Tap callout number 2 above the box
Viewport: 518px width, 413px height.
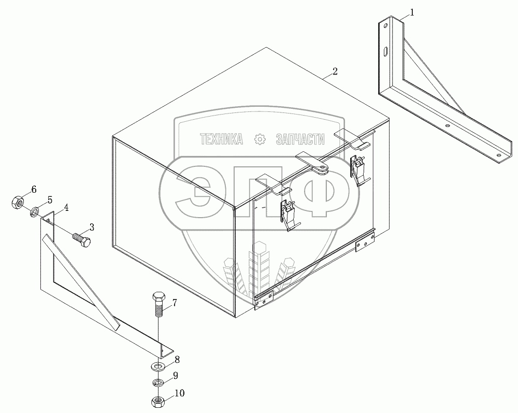(x=335, y=72)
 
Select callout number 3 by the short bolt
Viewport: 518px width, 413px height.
(x=92, y=226)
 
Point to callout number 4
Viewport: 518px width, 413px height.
(x=66, y=208)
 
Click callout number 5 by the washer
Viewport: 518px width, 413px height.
(x=50, y=200)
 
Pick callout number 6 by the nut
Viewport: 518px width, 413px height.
(x=34, y=189)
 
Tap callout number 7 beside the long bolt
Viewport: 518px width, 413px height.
(x=175, y=303)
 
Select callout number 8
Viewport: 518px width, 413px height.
(x=177, y=358)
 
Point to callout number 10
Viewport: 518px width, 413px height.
(x=179, y=393)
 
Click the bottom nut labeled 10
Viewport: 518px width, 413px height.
(x=157, y=402)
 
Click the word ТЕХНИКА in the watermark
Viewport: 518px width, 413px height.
(x=221, y=139)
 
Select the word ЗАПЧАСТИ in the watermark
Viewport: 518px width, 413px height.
(x=300, y=139)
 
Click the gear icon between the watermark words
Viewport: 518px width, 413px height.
(x=260, y=139)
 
